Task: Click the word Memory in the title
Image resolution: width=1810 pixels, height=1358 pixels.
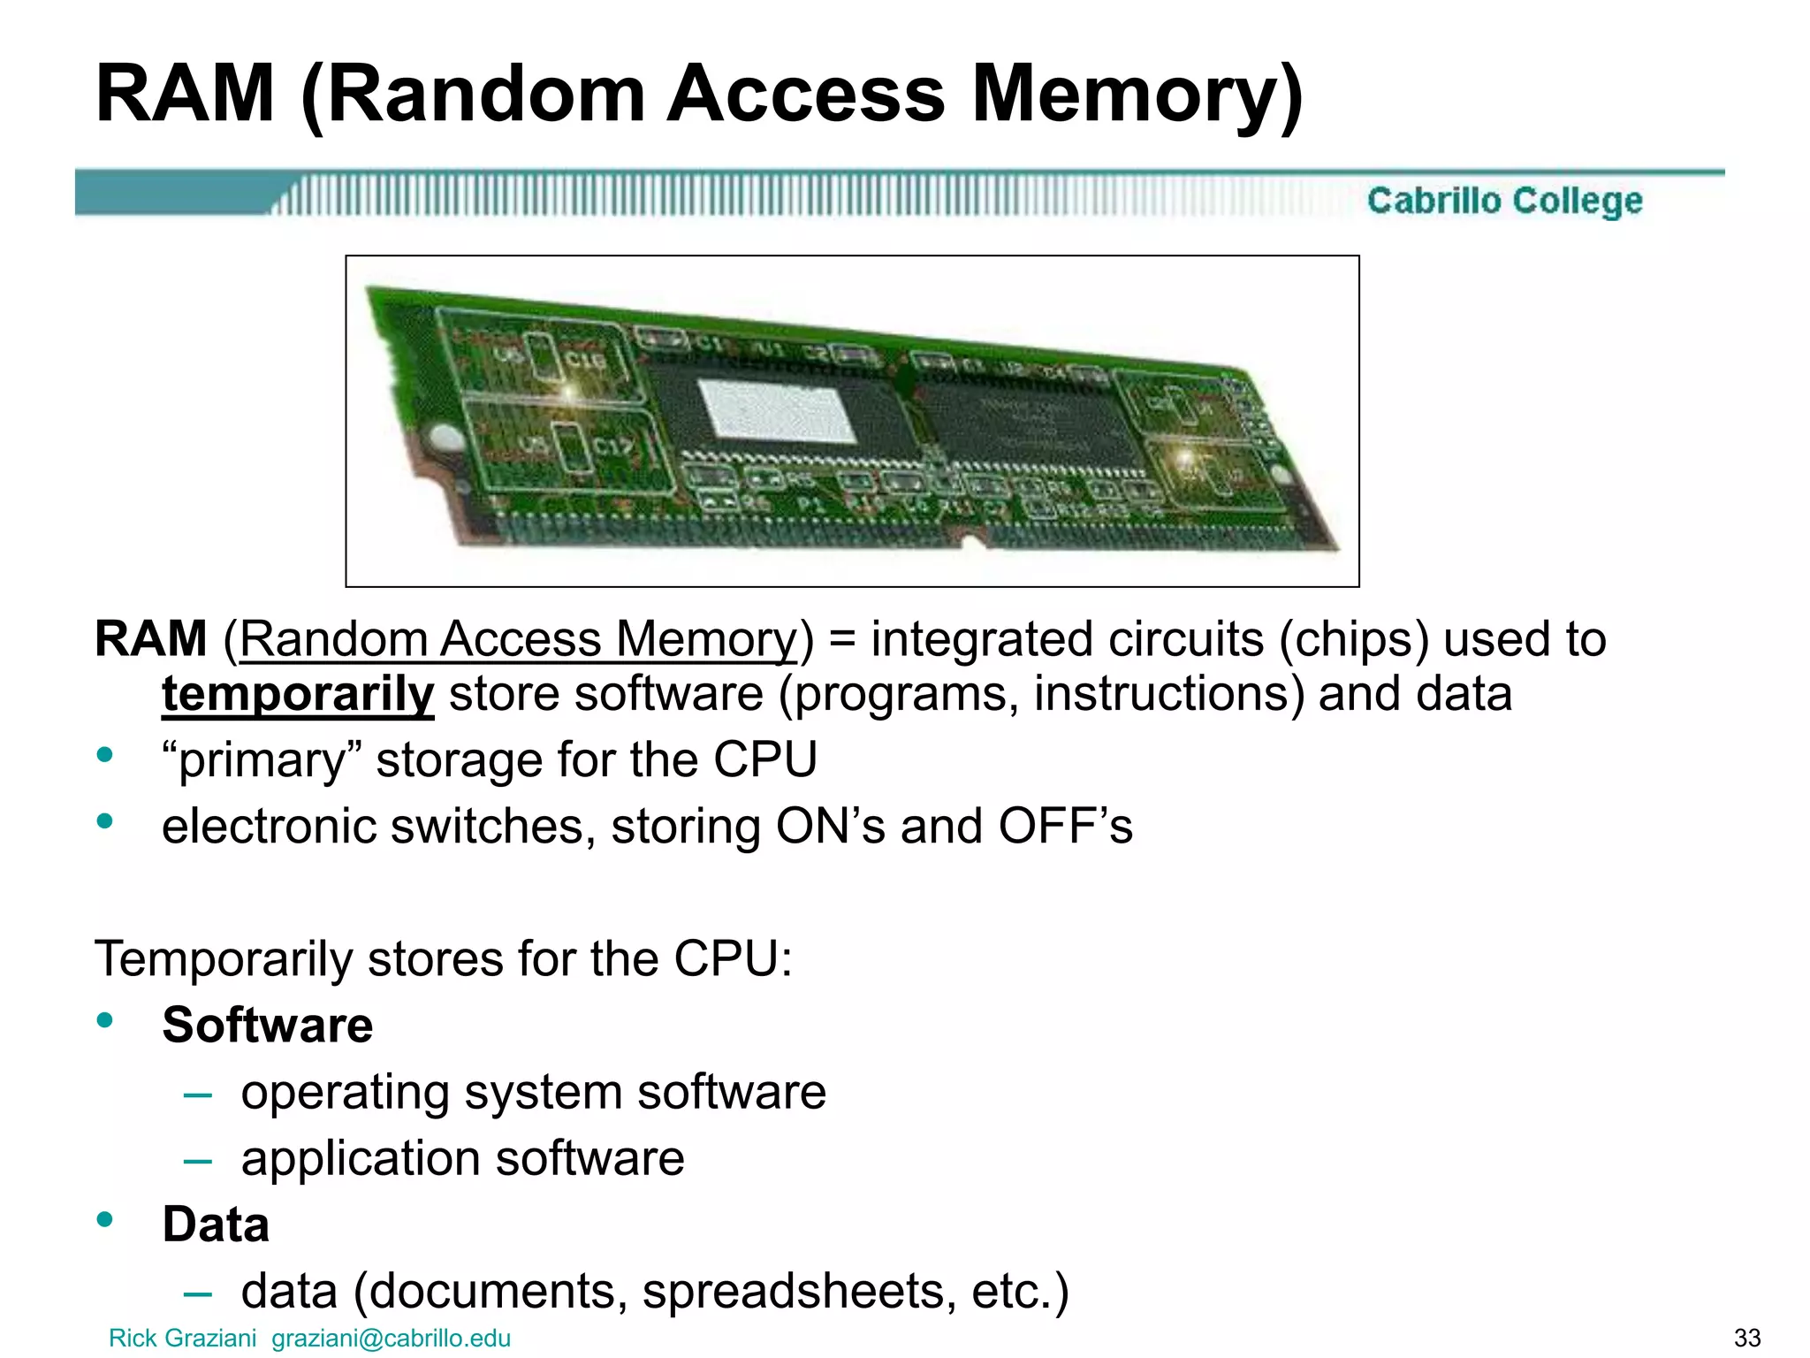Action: [1137, 95]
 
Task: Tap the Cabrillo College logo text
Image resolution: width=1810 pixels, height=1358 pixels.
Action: [1504, 201]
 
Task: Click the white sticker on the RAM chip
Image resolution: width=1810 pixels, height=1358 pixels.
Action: [775, 410]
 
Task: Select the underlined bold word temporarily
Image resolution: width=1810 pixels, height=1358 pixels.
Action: [298, 694]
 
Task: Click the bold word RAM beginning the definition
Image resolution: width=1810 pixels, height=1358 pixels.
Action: [150, 639]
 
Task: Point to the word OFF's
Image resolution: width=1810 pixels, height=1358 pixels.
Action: [1065, 827]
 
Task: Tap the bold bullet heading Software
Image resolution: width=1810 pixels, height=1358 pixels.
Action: [267, 1026]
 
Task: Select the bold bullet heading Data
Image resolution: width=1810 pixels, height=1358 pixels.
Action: [216, 1224]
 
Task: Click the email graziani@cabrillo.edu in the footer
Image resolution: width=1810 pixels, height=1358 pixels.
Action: [391, 1339]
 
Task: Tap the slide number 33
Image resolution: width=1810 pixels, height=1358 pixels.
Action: [1747, 1339]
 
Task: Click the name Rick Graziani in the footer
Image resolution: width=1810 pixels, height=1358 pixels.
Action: [182, 1339]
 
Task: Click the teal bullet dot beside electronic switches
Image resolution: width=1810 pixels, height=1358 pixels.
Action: [105, 821]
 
